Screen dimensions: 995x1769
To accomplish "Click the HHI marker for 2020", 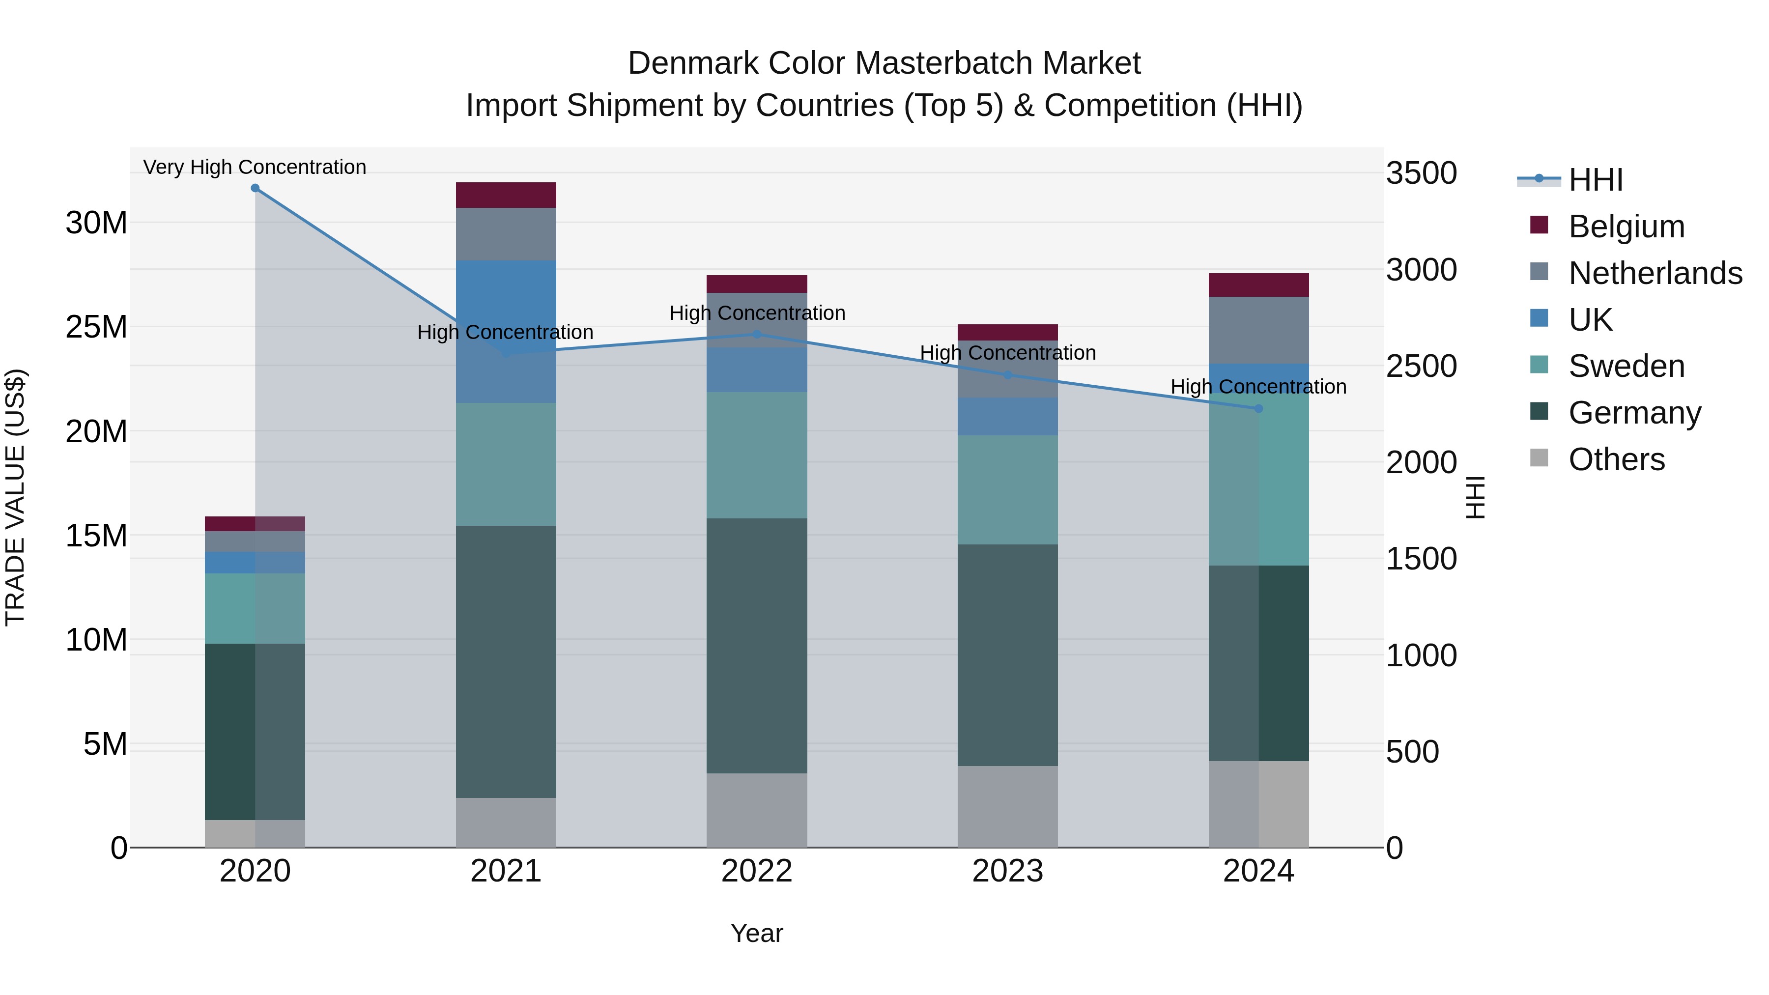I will coord(255,188).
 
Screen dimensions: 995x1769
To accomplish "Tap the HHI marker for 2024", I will coord(1258,409).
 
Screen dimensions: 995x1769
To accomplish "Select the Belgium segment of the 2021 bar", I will coord(506,195).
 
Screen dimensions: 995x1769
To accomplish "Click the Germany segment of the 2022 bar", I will coord(756,646).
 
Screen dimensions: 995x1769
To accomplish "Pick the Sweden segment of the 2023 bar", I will coord(1007,489).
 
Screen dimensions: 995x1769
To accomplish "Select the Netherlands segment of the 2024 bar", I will coord(1258,330).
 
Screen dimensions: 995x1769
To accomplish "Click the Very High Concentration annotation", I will coord(255,167).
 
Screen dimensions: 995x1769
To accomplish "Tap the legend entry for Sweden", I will coord(1626,366).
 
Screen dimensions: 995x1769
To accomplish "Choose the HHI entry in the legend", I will coord(1595,180).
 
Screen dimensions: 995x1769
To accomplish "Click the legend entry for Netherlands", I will coord(1655,273).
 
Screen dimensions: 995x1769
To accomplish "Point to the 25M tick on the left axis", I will coord(96,327).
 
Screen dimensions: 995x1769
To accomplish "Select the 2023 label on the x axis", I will coord(1007,871).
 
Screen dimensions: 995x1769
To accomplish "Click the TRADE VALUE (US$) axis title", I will coord(15,497).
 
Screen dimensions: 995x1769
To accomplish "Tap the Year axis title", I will coord(756,933).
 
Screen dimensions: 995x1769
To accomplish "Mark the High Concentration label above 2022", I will coord(757,313).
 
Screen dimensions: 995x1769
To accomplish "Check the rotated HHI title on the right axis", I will coord(1474,497).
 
